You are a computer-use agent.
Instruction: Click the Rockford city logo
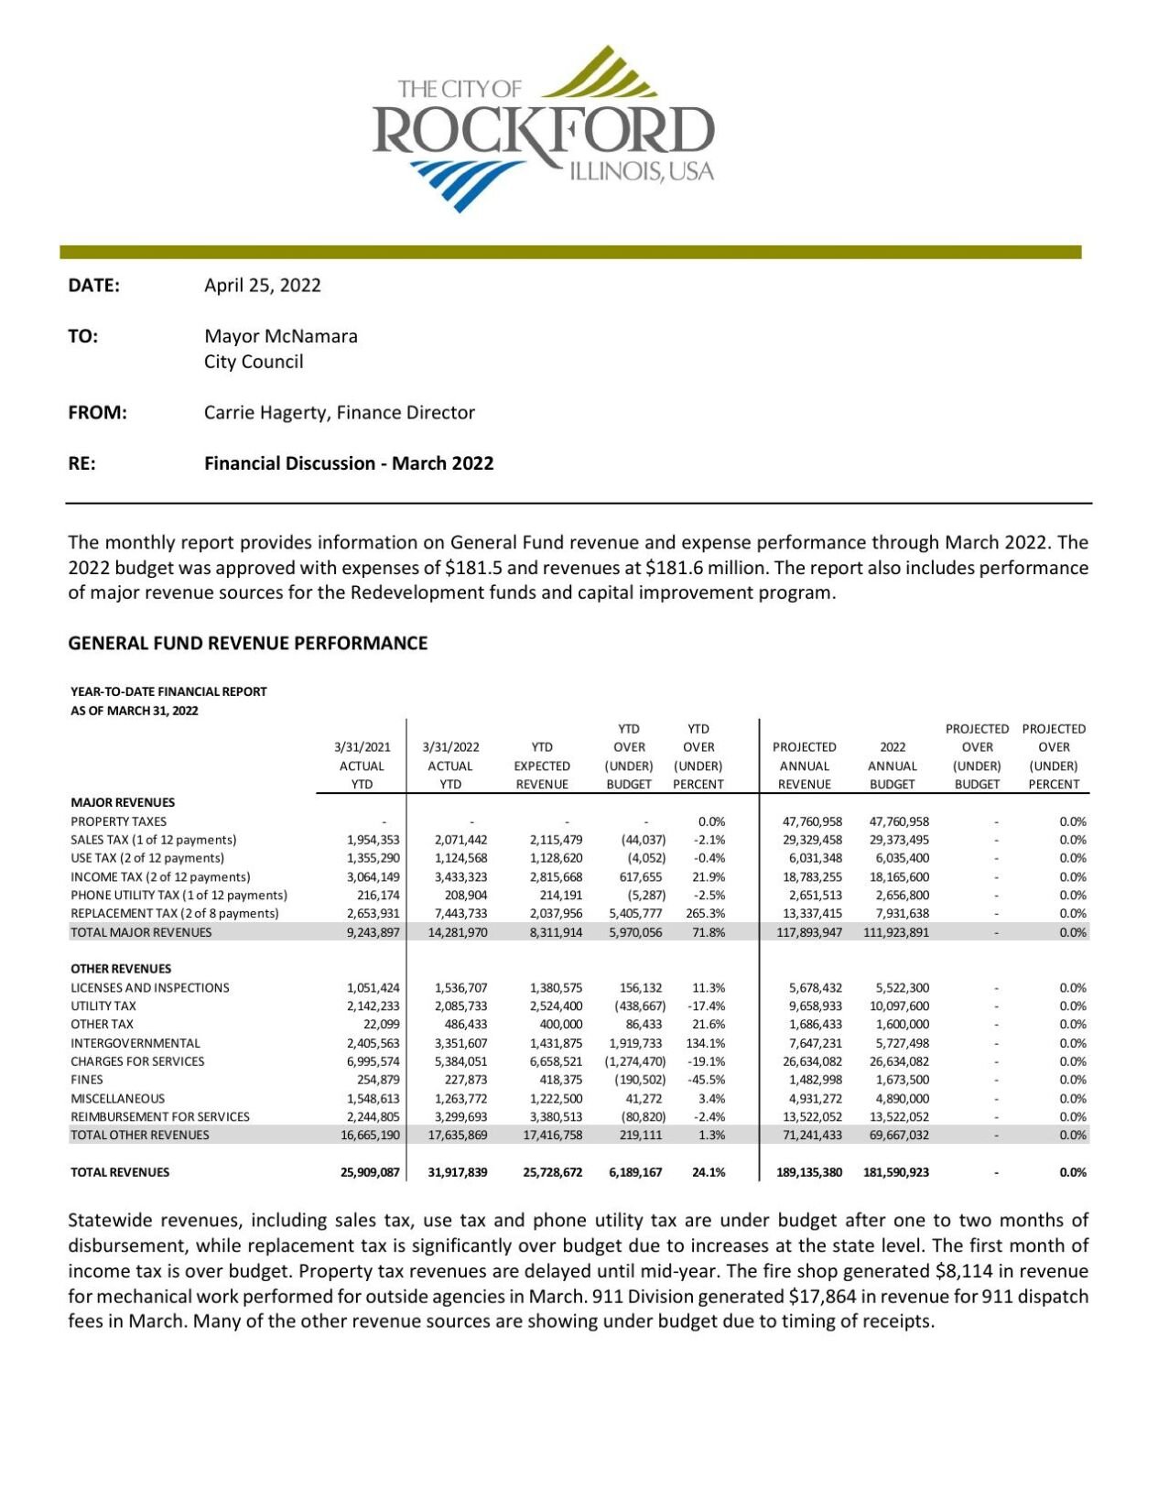(x=542, y=129)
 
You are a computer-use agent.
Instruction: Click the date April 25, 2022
(x=262, y=285)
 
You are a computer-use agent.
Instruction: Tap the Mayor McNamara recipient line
(x=280, y=336)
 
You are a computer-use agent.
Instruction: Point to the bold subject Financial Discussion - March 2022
(x=348, y=463)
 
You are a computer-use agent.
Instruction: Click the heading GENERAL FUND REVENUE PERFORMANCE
(x=247, y=643)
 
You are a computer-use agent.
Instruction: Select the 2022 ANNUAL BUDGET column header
(x=892, y=766)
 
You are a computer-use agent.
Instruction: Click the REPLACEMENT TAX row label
(x=174, y=913)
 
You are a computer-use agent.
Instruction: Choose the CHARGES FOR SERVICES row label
(x=137, y=1061)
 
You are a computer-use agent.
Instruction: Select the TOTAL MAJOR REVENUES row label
(x=141, y=932)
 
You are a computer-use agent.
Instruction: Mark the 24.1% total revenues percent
(x=708, y=1172)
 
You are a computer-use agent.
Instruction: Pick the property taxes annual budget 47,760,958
(x=898, y=821)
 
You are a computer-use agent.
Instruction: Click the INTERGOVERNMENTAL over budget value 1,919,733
(x=634, y=1043)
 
